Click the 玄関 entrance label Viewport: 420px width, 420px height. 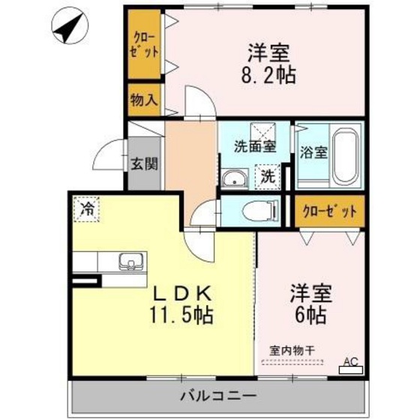point(145,163)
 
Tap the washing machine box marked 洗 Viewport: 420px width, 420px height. point(268,178)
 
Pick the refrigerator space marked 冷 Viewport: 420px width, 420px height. point(88,208)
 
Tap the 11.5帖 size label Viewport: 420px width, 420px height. point(184,315)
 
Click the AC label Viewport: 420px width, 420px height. point(350,361)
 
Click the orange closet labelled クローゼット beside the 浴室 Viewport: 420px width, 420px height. point(328,211)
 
